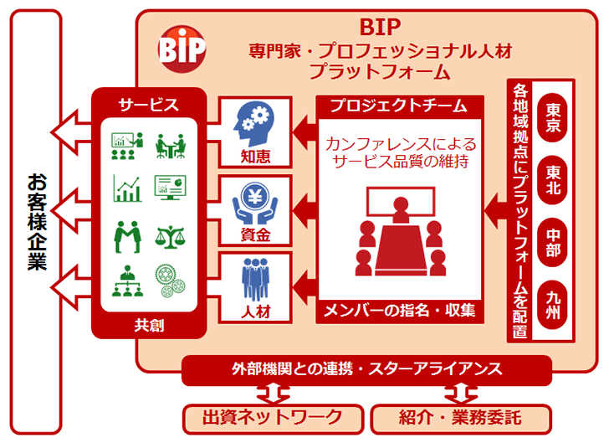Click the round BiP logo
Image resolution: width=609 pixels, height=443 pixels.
click(x=182, y=49)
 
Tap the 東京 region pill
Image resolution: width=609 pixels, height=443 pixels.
click(x=552, y=118)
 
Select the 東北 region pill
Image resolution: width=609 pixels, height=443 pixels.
click(x=552, y=180)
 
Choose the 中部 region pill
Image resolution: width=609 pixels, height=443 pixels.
click(x=552, y=242)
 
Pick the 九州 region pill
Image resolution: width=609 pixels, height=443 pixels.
click(x=552, y=305)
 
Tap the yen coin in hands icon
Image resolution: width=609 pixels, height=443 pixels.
click(x=255, y=203)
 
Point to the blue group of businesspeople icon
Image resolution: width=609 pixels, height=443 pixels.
click(x=255, y=280)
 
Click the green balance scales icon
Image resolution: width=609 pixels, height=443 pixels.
click(x=170, y=237)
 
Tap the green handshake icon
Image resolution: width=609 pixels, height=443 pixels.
click(x=127, y=237)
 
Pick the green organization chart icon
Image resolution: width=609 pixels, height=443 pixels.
click(x=127, y=281)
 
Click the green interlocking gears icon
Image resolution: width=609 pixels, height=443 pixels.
click(x=170, y=281)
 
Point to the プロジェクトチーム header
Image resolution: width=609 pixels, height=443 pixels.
click(x=400, y=106)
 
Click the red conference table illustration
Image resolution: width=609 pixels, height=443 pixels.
click(x=401, y=232)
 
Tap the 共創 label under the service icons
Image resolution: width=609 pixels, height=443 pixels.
click(x=149, y=325)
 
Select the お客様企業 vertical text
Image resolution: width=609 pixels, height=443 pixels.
click(x=37, y=222)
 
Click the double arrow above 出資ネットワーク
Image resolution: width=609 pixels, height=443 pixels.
click(x=273, y=394)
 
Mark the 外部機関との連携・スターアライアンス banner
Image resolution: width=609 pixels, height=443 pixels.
click(x=366, y=369)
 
